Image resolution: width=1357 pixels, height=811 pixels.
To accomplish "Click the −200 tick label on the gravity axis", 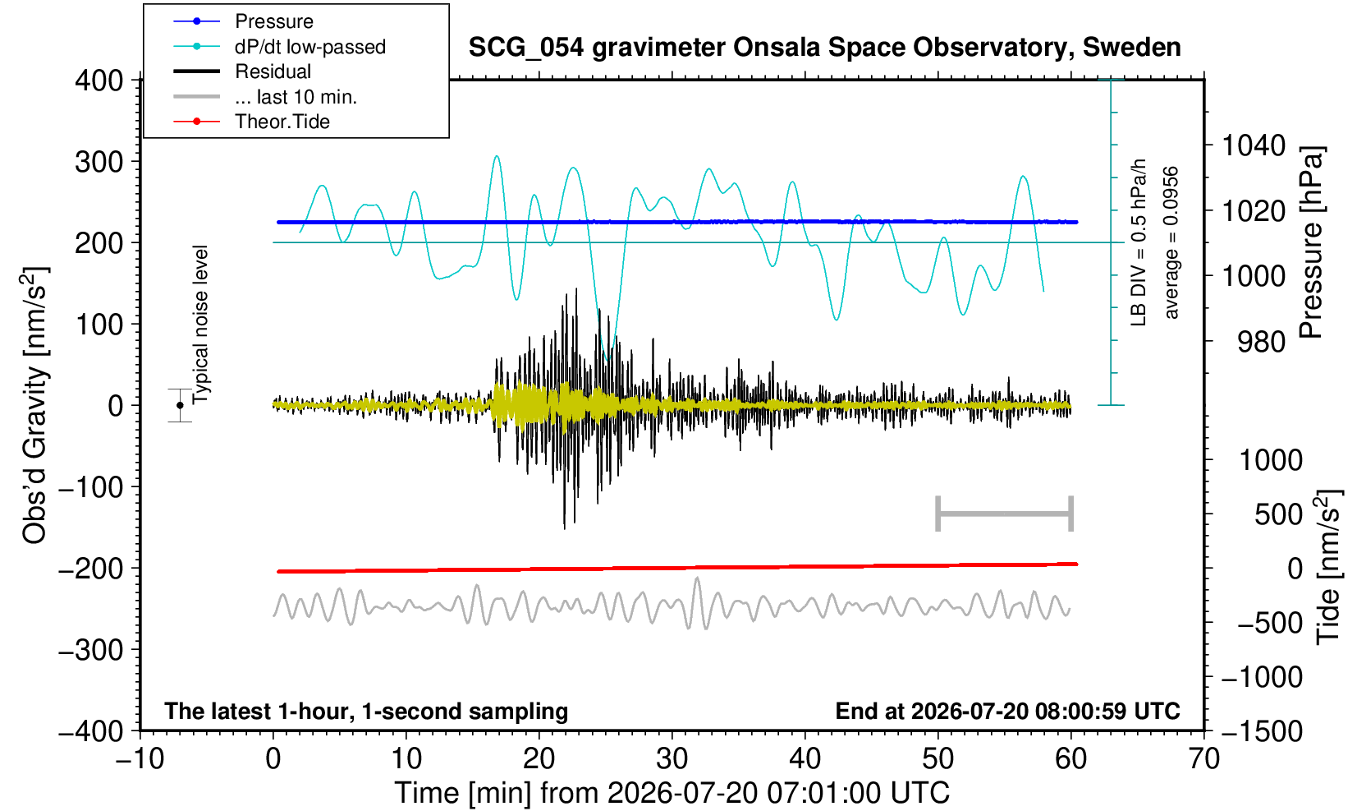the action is [x=91, y=569].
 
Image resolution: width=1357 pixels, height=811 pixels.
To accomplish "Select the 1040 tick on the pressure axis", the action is [x=1254, y=145].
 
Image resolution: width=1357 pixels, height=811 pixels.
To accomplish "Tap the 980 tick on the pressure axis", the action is [x=1261, y=342].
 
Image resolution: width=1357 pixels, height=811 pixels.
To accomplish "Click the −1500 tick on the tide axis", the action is [x=1262, y=731].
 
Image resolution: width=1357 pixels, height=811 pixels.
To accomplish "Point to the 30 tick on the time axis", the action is [x=672, y=759].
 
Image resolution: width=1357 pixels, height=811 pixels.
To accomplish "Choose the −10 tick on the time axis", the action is [x=140, y=759].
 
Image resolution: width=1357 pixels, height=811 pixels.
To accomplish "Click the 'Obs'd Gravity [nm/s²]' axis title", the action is [x=34, y=406].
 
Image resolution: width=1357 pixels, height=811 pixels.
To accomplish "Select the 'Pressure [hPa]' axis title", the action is [x=1311, y=242].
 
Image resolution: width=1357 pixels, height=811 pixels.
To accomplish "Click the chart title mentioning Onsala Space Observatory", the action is [x=825, y=48].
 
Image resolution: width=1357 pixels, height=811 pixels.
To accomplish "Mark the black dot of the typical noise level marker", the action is [x=180, y=405].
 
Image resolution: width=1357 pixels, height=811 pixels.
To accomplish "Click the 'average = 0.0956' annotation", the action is [x=1171, y=242].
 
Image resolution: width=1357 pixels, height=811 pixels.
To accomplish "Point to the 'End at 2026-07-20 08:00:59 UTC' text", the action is [x=1008, y=711].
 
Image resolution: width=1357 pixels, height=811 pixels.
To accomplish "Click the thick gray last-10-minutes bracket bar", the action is [x=1005, y=514].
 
